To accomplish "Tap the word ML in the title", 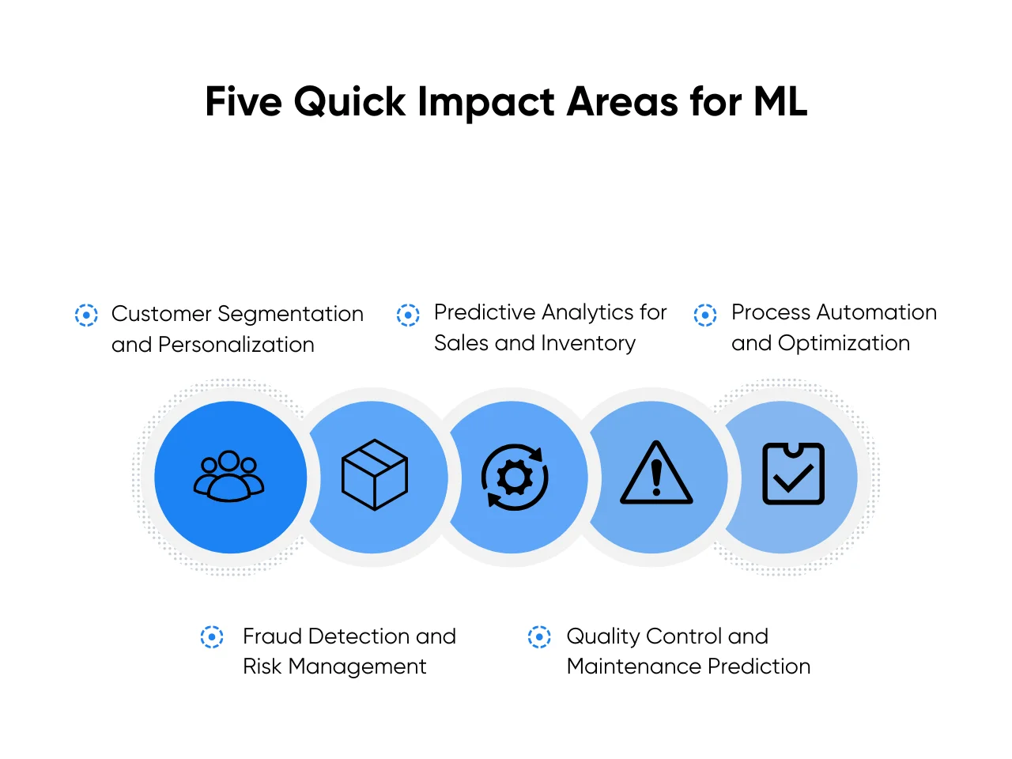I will [780, 102].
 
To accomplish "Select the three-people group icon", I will [229, 476].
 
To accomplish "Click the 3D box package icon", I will [374, 474].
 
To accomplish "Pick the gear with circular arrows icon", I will [515, 477].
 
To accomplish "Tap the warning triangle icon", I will [656, 474].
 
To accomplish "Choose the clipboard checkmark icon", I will [793, 474].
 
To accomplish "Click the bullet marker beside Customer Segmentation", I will [86, 315].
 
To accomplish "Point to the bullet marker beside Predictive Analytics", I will [408, 315].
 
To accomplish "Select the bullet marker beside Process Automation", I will [705, 315].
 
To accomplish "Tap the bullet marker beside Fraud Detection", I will [212, 636].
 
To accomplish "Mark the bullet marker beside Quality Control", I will [539, 636].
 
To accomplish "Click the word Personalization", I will [236, 345].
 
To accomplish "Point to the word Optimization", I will [844, 343].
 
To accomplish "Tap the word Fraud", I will [272, 636].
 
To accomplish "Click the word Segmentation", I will [290, 315].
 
